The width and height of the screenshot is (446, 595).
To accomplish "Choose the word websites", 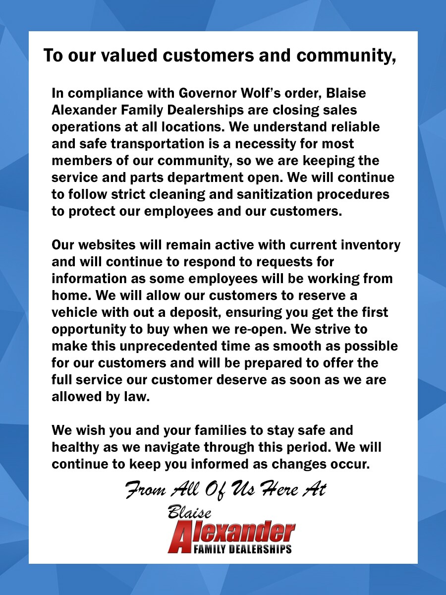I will (x=102, y=245).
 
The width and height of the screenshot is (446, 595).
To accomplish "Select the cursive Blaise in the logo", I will (x=190, y=512).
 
